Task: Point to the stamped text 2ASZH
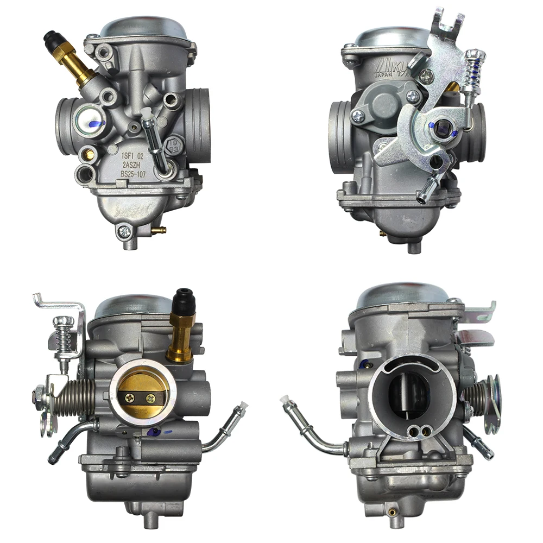[132, 165]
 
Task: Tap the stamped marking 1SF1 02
[132, 155]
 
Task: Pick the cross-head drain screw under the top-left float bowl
[124, 231]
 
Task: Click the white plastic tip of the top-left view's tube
[145, 112]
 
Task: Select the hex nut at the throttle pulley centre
[444, 128]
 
